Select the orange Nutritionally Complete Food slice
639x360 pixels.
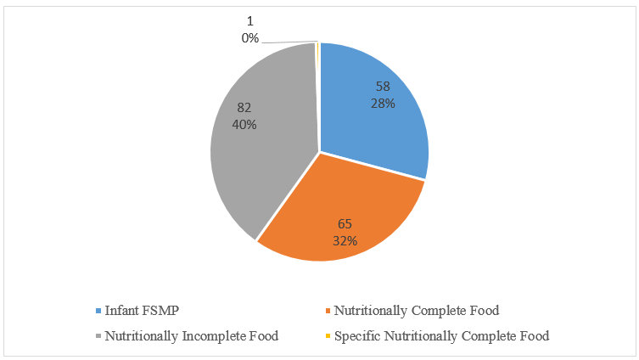339,212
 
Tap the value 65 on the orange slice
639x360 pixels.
345,225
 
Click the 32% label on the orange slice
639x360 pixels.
345,240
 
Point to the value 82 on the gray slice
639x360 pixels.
244,108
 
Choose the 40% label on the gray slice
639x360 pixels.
244,124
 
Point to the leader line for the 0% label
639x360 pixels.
289,42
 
